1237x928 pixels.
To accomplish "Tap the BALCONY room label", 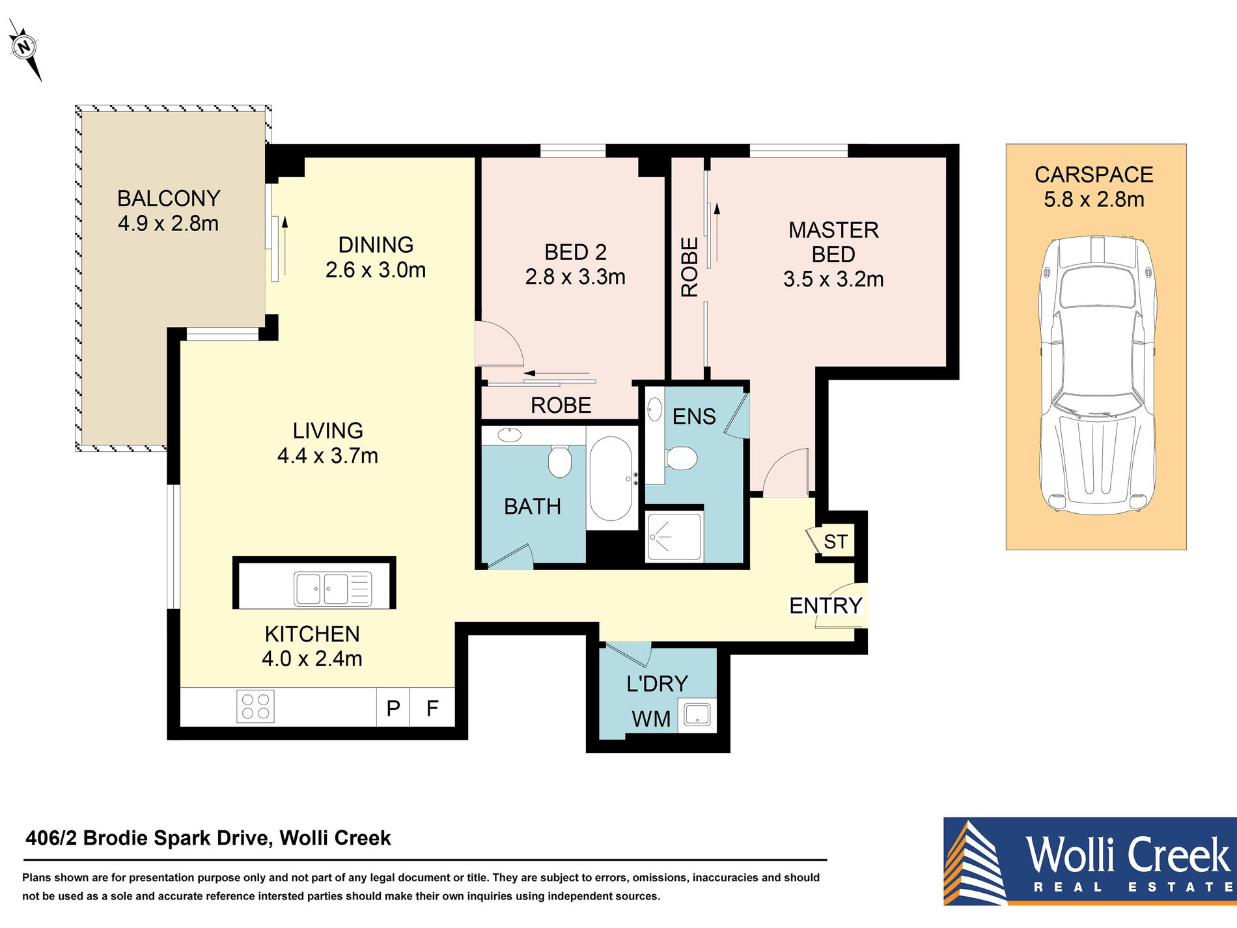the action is point(169,198).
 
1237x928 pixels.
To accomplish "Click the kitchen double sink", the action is point(333,589).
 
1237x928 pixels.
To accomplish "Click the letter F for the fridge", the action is point(432,708).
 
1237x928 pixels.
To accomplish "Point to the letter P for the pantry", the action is point(393,708).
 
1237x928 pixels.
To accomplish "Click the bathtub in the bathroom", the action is point(611,478).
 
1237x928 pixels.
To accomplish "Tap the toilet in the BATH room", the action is point(559,460).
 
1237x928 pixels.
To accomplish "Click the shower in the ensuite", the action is point(674,536).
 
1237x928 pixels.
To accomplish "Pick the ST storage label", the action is point(836,542).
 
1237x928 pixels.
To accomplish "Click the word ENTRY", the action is point(826,606).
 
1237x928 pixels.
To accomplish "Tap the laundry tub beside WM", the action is point(697,715).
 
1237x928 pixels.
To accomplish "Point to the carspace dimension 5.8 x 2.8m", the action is point(1094,199).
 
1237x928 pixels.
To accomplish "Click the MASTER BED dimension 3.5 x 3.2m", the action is point(833,279).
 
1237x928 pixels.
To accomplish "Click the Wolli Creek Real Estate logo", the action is point(1090,861).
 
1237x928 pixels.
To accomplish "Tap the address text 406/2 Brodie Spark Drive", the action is point(148,837).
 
